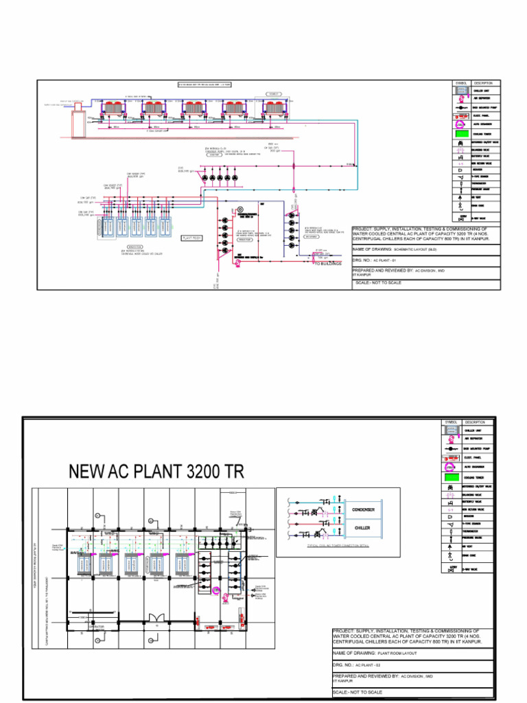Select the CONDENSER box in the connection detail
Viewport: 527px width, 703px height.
363,510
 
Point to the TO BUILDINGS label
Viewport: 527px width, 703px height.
327,263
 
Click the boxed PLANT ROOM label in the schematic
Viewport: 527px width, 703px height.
190,238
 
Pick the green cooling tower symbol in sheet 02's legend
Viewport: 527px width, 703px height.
452,476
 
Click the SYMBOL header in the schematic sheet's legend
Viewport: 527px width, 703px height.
461,83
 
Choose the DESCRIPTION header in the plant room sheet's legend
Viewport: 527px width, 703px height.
474,422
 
